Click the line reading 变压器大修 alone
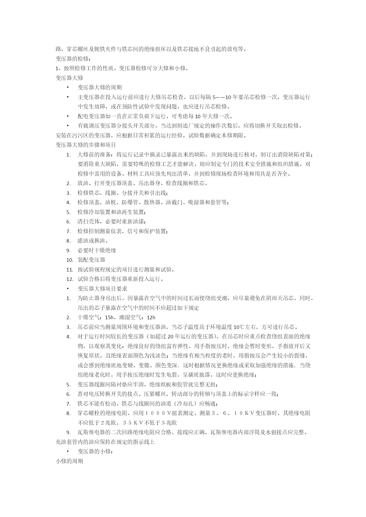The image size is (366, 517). [x=69, y=78]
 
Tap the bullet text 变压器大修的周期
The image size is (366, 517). [x=100, y=87]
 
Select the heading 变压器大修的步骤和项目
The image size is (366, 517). [x=86, y=145]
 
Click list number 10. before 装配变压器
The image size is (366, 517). [x=70, y=260]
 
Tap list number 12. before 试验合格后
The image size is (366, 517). [x=70, y=279]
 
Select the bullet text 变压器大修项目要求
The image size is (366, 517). [x=102, y=289]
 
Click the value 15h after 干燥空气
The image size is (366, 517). [x=109, y=317]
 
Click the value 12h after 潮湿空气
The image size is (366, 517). [x=151, y=317]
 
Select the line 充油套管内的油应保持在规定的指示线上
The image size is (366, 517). [x=105, y=442]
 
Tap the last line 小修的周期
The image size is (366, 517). [x=69, y=461]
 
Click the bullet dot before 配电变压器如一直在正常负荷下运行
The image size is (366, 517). [x=68, y=116]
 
